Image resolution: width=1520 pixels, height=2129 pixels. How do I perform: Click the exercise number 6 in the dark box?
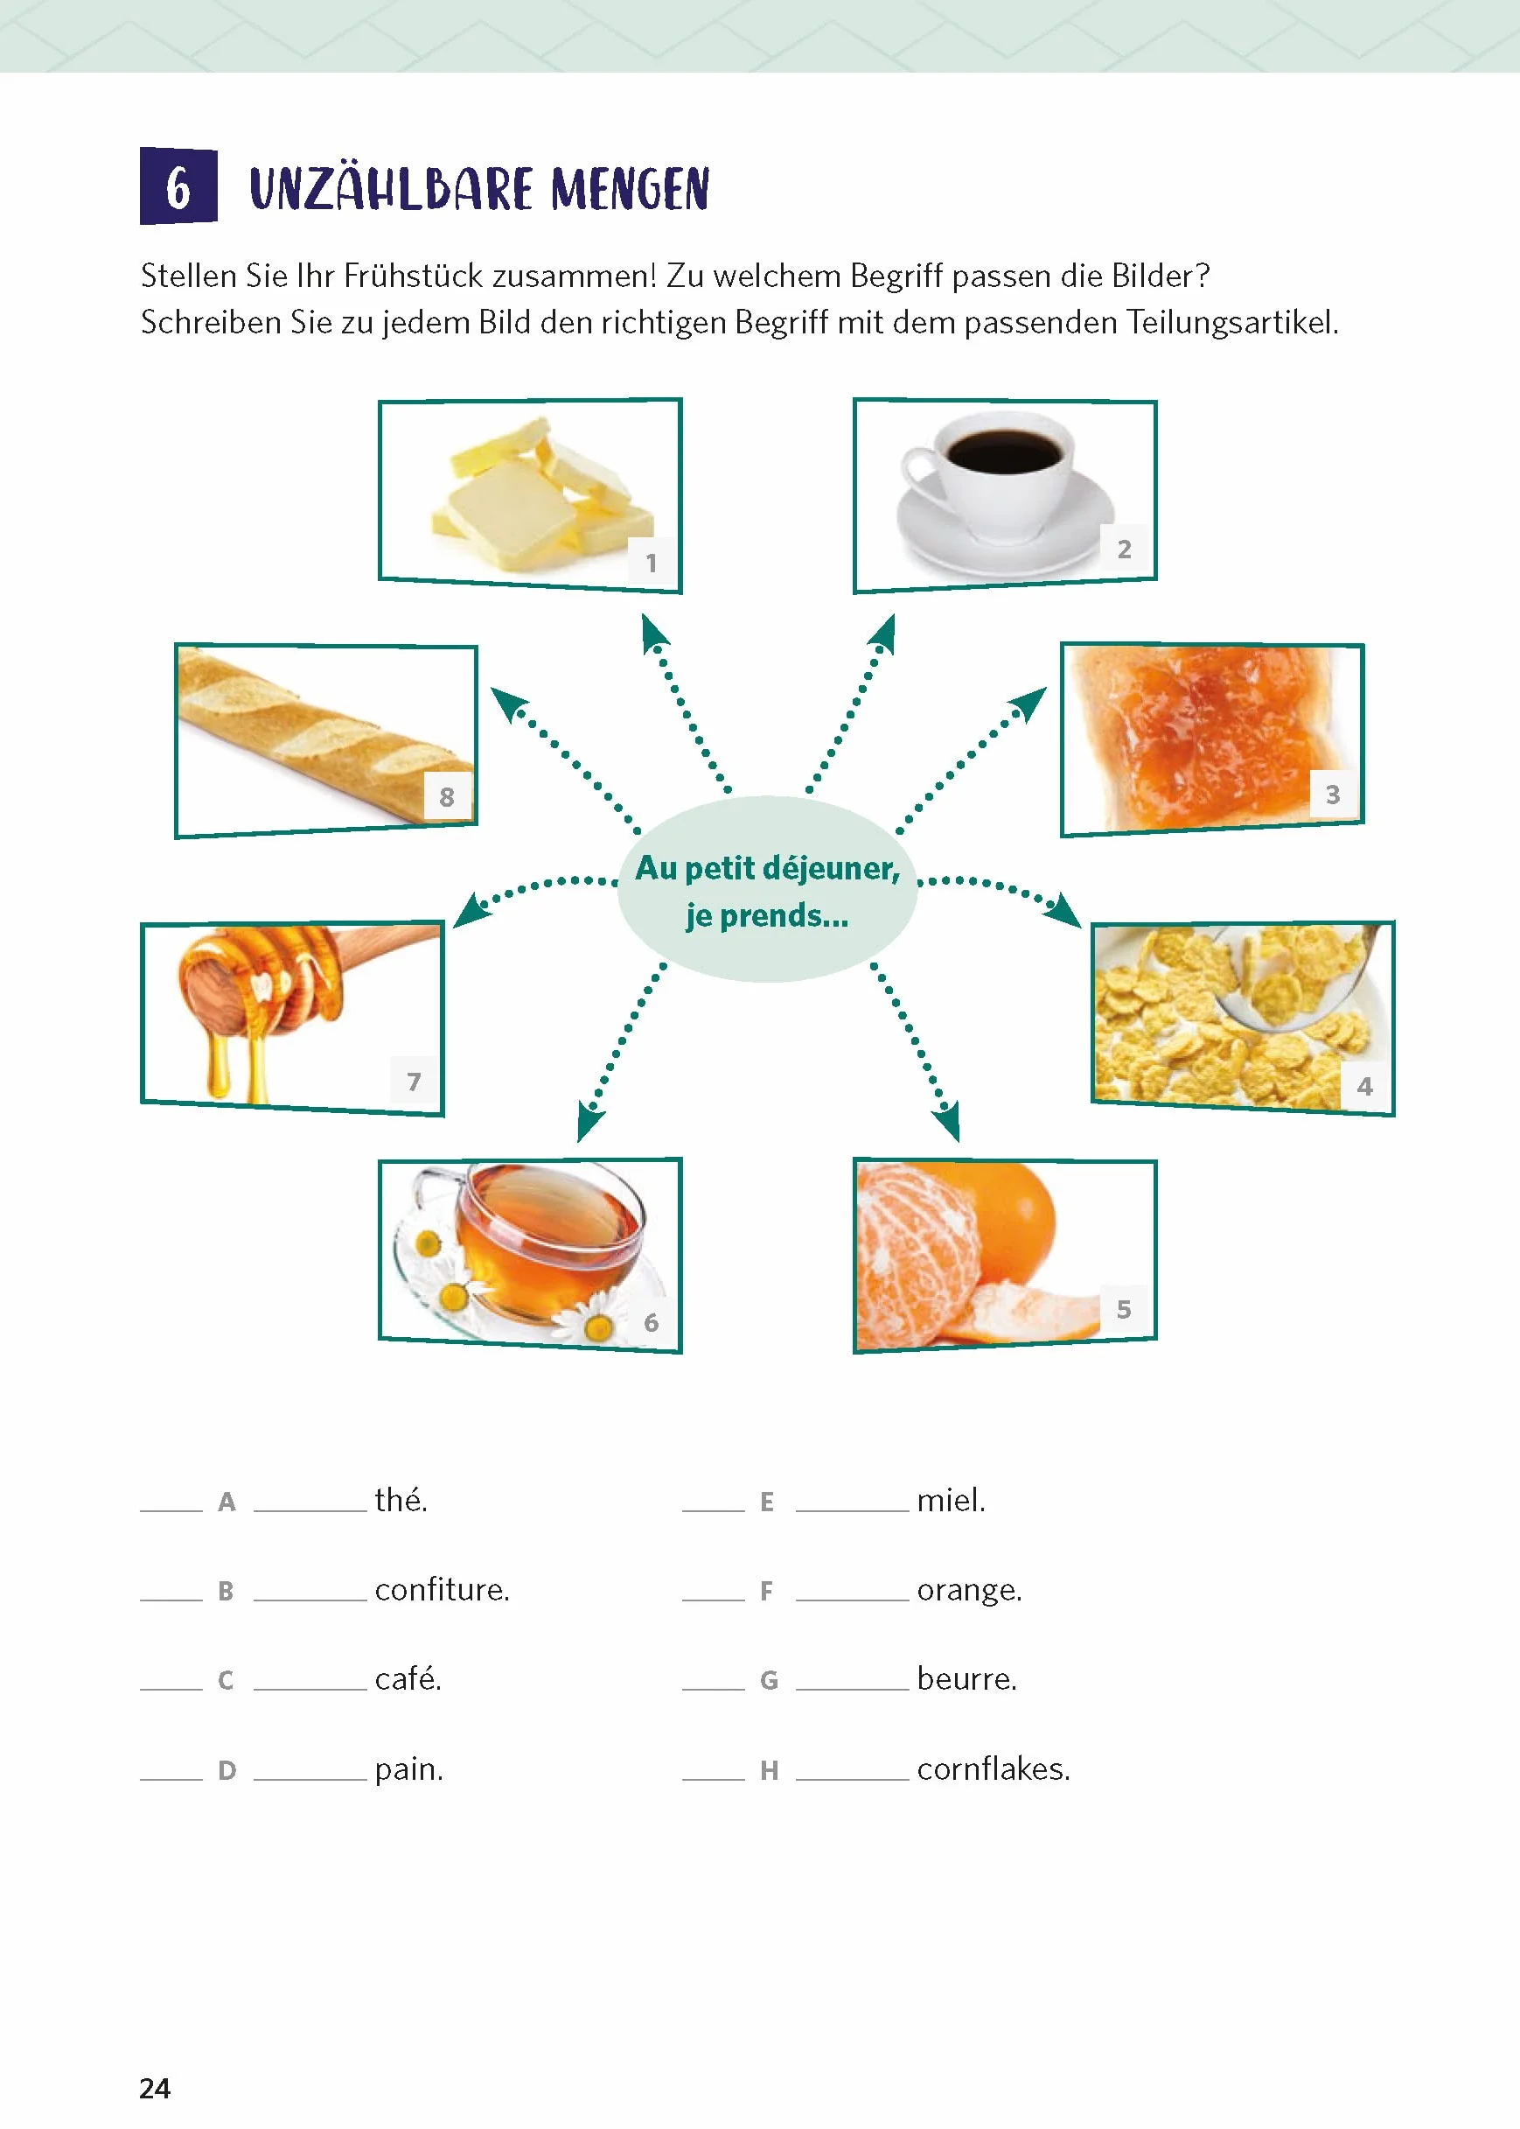[178, 187]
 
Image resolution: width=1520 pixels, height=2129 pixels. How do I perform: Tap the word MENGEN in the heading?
[630, 189]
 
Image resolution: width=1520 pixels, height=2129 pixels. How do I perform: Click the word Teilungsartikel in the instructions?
[1231, 322]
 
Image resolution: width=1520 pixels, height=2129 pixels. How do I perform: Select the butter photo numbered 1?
[530, 495]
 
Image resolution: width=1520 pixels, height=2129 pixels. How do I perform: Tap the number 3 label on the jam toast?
[1333, 795]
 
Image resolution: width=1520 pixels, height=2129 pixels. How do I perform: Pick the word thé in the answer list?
[401, 1500]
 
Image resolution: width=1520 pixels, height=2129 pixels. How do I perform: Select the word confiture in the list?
[442, 1590]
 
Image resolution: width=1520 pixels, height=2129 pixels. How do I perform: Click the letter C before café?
[226, 1681]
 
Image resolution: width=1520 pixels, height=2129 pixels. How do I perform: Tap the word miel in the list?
[951, 1500]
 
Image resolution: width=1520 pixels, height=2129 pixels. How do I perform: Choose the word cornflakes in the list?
[993, 1768]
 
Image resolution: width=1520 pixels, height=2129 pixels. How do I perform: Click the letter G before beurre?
[769, 1681]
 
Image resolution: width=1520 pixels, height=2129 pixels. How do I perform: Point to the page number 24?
[155, 2089]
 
